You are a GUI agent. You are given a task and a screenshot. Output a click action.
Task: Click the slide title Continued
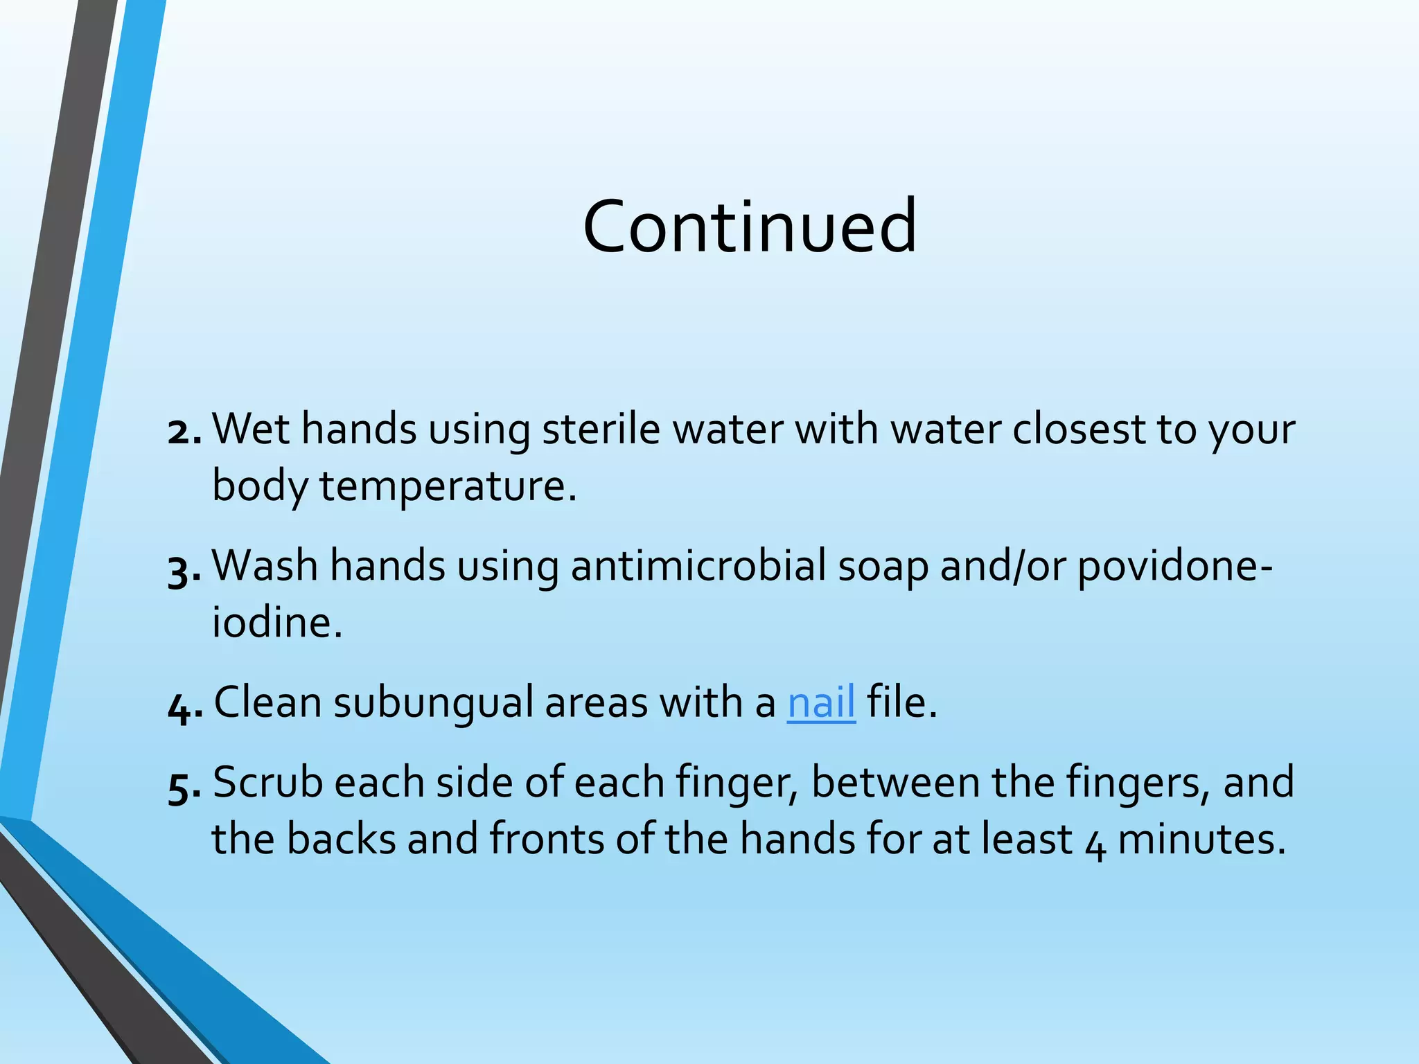[750, 227]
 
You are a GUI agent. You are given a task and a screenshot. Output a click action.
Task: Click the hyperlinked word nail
[821, 702]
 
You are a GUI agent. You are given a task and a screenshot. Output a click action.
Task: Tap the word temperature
[447, 486]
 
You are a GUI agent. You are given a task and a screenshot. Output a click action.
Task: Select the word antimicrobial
[698, 566]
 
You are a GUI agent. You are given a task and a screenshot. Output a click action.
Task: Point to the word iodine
[276, 622]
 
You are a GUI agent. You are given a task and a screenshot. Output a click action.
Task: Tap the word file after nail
[901, 702]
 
